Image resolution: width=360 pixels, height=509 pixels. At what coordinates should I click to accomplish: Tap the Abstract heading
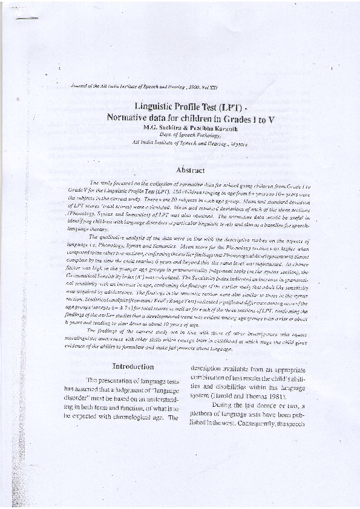click(x=190, y=170)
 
